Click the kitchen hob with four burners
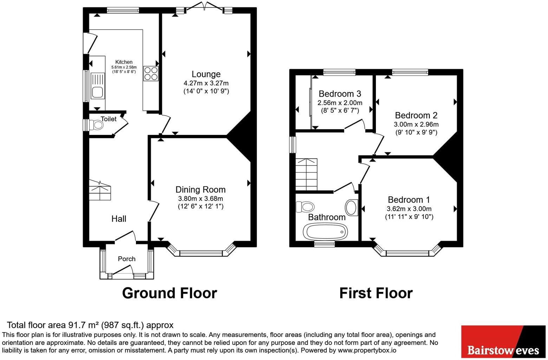pos(151,74)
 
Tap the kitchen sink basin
pos(97,92)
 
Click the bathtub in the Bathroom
pos(325,231)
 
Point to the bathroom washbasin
pos(352,208)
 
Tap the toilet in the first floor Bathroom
pos(305,207)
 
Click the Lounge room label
pos(206,74)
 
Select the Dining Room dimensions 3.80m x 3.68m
pos(201,198)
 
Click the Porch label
pos(126,259)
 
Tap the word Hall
pos(119,219)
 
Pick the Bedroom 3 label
pos(340,94)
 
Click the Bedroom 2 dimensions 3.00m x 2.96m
pos(416,124)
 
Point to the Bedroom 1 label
pos(409,200)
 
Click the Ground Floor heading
pos(170,293)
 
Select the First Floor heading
pos(376,293)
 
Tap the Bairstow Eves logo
pos(503,342)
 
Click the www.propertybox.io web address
pos(367,350)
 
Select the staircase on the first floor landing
pos(306,174)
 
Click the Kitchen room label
pos(124,62)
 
